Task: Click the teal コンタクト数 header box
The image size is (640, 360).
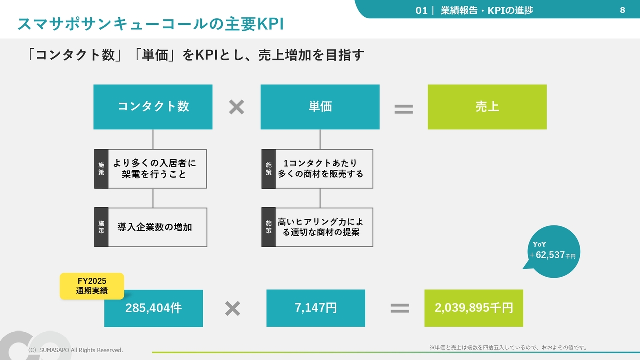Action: (x=153, y=107)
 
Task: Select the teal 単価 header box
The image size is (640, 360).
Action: (x=320, y=107)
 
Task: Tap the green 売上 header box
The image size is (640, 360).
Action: (x=487, y=107)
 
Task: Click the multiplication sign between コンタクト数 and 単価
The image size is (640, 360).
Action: (x=236, y=107)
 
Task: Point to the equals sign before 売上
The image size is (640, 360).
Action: (x=403, y=109)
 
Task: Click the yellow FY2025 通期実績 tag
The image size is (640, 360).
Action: (x=92, y=286)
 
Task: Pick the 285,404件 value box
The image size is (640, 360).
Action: (x=153, y=308)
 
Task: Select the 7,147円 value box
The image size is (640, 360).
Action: (x=315, y=308)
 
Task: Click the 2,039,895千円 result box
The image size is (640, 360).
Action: (x=473, y=308)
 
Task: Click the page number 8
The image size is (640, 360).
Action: (x=622, y=10)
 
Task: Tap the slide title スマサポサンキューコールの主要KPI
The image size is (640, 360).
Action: (x=150, y=24)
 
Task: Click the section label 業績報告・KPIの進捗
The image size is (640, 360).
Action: (x=487, y=10)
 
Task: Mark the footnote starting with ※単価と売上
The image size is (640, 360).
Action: (x=509, y=347)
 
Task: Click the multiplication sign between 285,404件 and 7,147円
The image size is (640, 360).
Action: (x=232, y=308)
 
